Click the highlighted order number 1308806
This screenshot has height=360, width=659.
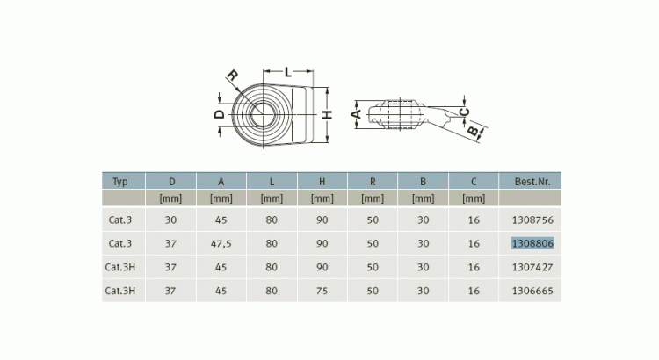(532, 243)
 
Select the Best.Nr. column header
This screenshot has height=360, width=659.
(532, 182)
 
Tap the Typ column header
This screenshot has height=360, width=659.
(120, 182)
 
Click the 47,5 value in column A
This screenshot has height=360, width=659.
(221, 243)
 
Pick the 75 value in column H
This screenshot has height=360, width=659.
(322, 291)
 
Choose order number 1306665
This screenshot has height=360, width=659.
(532, 291)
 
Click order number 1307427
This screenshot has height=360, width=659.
(532, 267)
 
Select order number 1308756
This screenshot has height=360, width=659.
(532, 220)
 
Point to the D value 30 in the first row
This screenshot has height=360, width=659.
(170, 220)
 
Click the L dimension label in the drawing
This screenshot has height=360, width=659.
(288, 72)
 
